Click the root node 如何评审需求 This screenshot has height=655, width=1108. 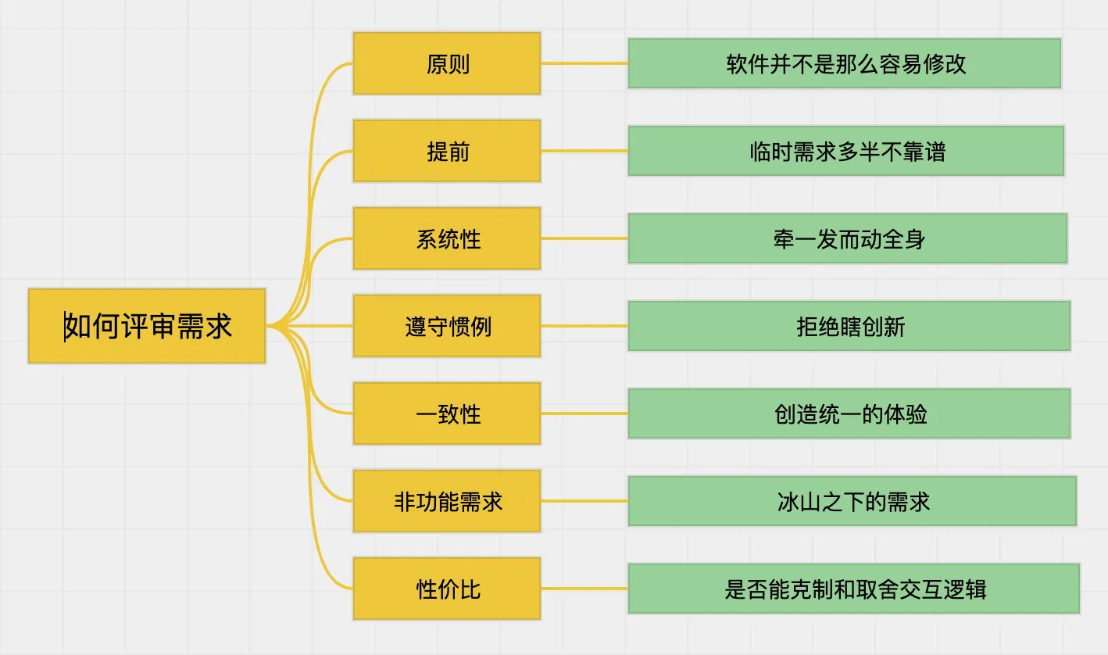[x=147, y=326]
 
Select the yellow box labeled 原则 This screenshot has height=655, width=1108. [x=447, y=63]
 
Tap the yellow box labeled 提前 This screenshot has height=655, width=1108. [x=447, y=151]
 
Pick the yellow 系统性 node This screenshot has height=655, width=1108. [x=447, y=238]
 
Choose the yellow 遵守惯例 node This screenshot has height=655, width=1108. [x=447, y=326]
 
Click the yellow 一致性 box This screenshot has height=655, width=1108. [x=447, y=413]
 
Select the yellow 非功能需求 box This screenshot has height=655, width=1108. [x=447, y=501]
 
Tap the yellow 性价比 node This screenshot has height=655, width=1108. [x=447, y=589]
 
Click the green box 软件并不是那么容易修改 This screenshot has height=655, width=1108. [x=845, y=63]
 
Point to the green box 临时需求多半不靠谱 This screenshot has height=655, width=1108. [x=846, y=151]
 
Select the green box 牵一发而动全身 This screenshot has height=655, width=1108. [x=848, y=238]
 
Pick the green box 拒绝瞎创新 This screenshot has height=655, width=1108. [x=849, y=326]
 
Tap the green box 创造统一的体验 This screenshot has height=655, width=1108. [x=849, y=413]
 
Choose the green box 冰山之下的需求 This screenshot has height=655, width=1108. [x=852, y=501]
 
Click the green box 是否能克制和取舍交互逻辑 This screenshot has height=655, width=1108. [x=854, y=589]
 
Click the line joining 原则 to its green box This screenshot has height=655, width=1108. [x=584, y=63]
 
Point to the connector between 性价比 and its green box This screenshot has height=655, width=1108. [x=584, y=589]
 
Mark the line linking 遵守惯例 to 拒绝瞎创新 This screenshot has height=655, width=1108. [x=584, y=326]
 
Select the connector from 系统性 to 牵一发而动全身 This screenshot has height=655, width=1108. [x=584, y=238]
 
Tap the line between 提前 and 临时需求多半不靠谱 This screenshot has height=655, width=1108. [x=584, y=151]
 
